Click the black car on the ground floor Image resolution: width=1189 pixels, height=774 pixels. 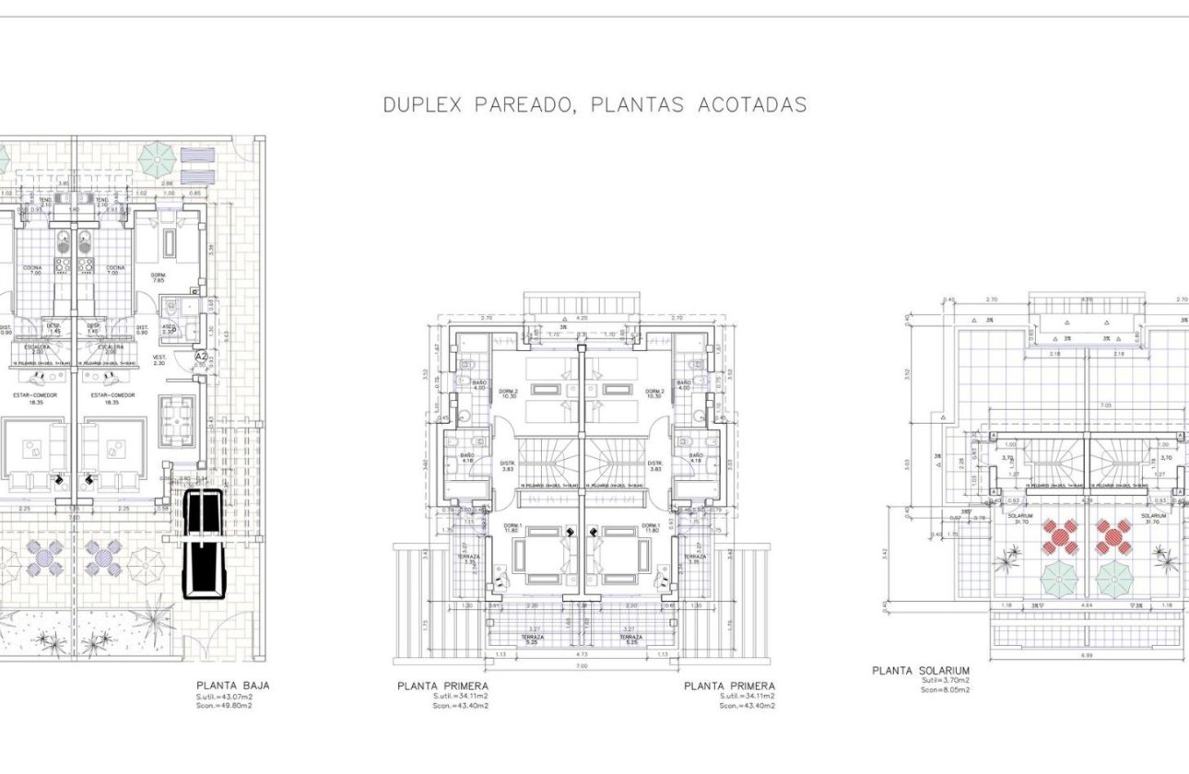[202, 544]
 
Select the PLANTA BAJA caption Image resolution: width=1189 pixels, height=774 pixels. [232, 686]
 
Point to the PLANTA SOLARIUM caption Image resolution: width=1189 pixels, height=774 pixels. [920, 671]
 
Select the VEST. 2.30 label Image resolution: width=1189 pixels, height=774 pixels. [159, 359]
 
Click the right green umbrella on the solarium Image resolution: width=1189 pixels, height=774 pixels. [1113, 579]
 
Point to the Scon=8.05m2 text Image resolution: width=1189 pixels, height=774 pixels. [945, 690]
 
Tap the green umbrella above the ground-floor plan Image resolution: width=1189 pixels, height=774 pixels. [158, 159]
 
